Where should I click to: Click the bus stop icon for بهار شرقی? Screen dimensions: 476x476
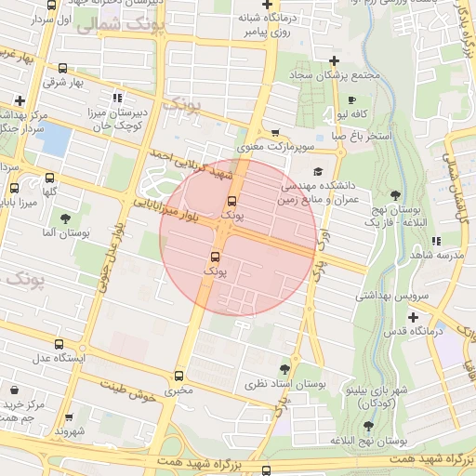pos(62,68)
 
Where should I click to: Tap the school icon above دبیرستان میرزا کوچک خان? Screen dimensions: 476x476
pos(116,98)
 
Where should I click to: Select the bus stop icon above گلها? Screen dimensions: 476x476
pos(49,178)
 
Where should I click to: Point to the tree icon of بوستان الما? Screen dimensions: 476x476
pos(64,218)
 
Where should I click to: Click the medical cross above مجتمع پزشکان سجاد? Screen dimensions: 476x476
pos(334,60)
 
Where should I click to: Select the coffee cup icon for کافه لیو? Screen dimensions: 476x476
pos(350,100)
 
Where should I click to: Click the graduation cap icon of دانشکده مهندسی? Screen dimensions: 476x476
pos(319,171)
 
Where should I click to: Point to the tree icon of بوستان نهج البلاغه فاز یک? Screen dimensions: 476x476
pos(396,195)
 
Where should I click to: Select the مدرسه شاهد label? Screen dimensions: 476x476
pos(436,255)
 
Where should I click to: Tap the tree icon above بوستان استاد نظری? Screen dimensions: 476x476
pos(284,369)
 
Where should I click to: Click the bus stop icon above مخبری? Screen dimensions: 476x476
pos(178,377)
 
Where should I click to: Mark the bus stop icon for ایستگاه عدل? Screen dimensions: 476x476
pos(59,344)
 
